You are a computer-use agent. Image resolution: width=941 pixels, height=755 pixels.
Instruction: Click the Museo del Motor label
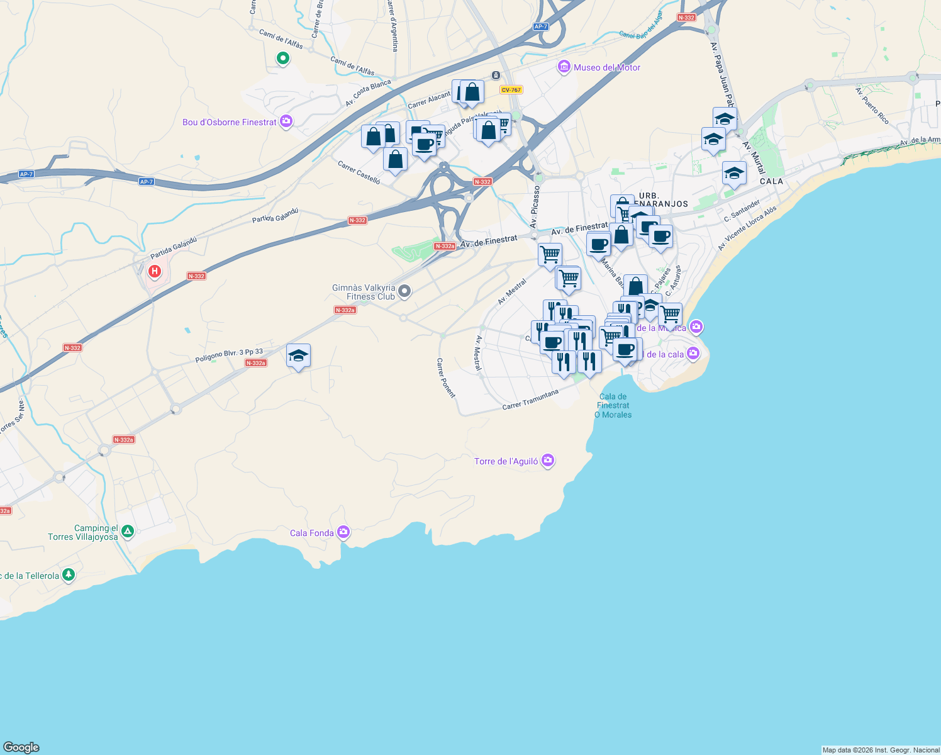coord(606,67)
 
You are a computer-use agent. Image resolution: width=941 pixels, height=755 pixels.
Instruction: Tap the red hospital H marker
coord(154,272)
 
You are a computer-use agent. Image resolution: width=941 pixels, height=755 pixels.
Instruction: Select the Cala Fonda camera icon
coord(343,533)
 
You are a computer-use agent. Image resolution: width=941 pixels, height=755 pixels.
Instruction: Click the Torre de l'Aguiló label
coord(506,461)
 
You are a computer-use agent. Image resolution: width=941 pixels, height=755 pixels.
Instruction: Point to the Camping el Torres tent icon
coord(128,532)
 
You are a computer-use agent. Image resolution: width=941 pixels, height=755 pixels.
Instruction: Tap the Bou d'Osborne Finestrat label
coord(229,122)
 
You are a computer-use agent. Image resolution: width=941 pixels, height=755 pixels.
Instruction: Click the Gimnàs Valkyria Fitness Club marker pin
coord(405,291)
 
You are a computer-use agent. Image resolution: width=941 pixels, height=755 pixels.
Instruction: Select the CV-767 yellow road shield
coord(511,90)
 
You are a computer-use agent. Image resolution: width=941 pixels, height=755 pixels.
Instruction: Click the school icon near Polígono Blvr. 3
coord(298,356)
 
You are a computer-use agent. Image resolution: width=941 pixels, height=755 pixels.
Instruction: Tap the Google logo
coord(21,747)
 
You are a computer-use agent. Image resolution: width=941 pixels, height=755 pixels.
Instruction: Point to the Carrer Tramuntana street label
coord(530,400)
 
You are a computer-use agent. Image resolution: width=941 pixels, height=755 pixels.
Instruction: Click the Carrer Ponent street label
coord(445,377)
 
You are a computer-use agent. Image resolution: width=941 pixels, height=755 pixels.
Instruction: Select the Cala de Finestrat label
coord(613,405)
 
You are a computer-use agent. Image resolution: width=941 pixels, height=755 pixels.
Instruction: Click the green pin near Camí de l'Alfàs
coord(283,59)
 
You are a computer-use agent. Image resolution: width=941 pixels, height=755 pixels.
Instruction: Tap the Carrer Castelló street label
coord(359,172)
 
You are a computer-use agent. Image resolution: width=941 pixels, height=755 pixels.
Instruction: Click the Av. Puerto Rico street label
coord(872,105)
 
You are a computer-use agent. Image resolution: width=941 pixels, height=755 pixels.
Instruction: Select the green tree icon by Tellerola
coord(69,575)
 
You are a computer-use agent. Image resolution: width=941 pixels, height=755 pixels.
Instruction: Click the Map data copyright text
coord(881,750)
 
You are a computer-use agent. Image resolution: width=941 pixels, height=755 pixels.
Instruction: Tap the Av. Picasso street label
coord(535,206)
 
